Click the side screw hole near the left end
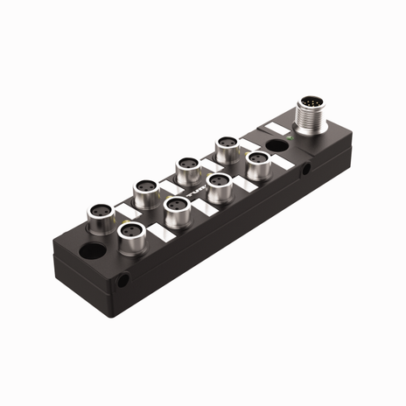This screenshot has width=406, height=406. (124, 282)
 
